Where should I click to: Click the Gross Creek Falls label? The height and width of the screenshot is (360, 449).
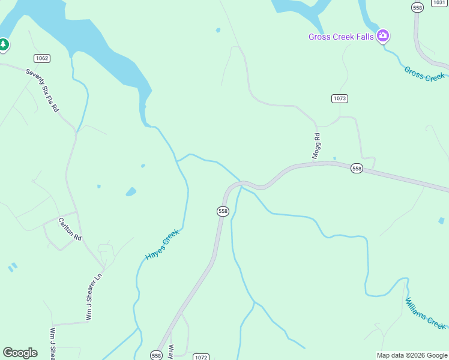[341, 37]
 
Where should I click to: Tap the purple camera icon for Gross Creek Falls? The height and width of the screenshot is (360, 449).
[383, 36]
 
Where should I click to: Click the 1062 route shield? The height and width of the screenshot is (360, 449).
[42, 58]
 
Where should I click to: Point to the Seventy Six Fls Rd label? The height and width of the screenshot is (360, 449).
[42, 90]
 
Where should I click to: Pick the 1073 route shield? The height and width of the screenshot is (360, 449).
[340, 98]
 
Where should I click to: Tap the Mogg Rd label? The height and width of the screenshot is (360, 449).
[316, 146]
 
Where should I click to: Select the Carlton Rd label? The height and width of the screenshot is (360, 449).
[70, 229]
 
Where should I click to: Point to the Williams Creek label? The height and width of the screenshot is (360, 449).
[426, 313]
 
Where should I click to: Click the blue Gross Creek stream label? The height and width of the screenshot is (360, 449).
[424, 73]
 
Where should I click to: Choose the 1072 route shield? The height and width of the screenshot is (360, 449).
[201, 357]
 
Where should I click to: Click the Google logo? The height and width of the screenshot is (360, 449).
[20, 353]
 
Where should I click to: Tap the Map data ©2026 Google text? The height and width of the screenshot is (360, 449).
[412, 355]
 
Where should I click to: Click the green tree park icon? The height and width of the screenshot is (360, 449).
[4, 44]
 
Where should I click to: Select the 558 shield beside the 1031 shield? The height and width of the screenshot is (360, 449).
[418, 7]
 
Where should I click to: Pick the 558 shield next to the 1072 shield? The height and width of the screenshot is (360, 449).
[157, 355]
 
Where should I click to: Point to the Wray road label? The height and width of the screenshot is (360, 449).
[171, 351]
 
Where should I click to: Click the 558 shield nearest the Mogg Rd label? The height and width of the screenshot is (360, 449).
[357, 169]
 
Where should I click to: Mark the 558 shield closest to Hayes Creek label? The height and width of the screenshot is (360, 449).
[223, 211]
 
